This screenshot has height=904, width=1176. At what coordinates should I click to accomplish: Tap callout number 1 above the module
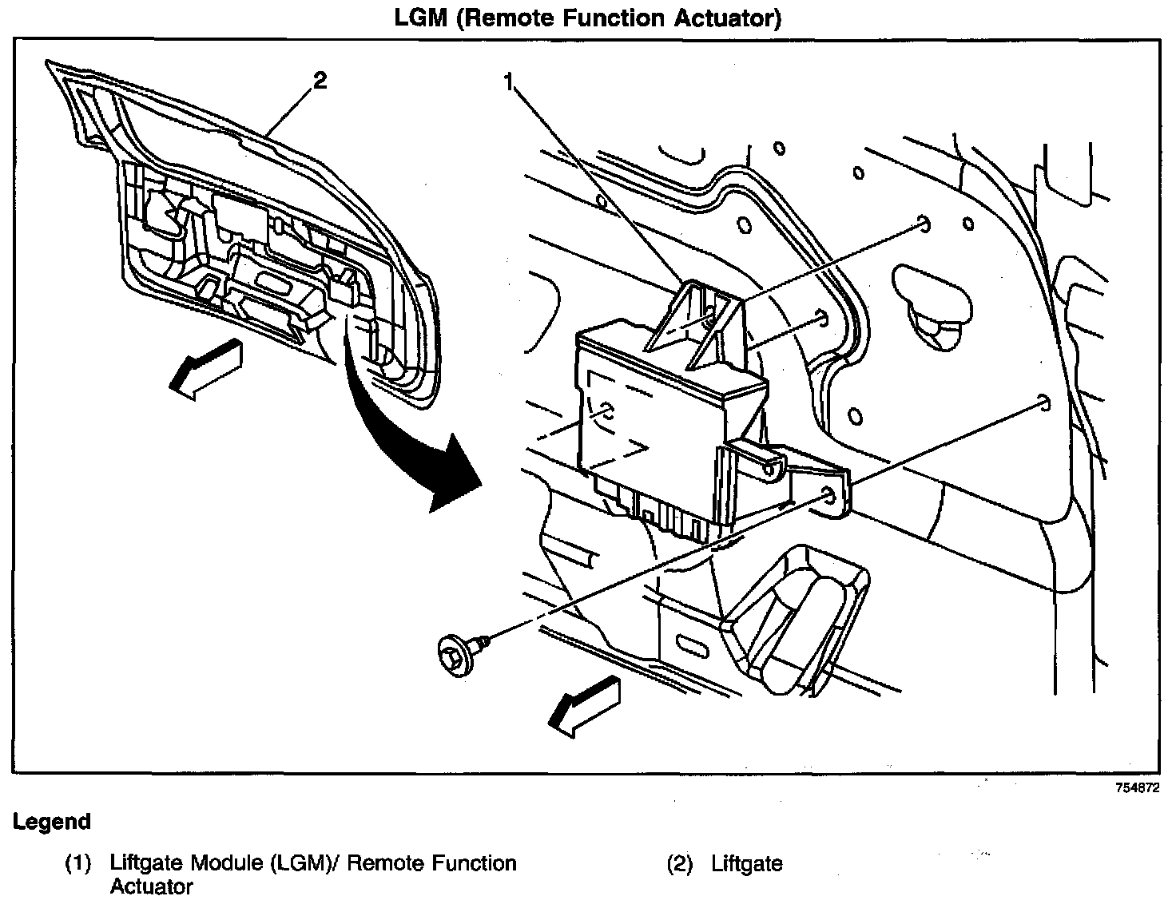tap(508, 81)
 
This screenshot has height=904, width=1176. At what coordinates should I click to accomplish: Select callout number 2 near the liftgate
tap(320, 81)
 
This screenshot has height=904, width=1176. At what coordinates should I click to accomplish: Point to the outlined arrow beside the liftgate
tap(205, 367)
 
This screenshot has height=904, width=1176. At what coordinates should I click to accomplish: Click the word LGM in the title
tap(420, 18)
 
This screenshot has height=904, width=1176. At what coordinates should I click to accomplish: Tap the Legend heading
tap(51, 821)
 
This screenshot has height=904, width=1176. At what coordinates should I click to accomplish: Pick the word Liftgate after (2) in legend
tap(747, 863)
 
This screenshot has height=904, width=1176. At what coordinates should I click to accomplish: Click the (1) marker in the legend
tap(78, 863)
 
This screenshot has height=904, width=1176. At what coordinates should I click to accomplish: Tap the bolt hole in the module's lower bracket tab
tap(828, 497)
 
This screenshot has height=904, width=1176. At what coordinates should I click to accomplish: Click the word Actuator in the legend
tap(152, 886)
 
